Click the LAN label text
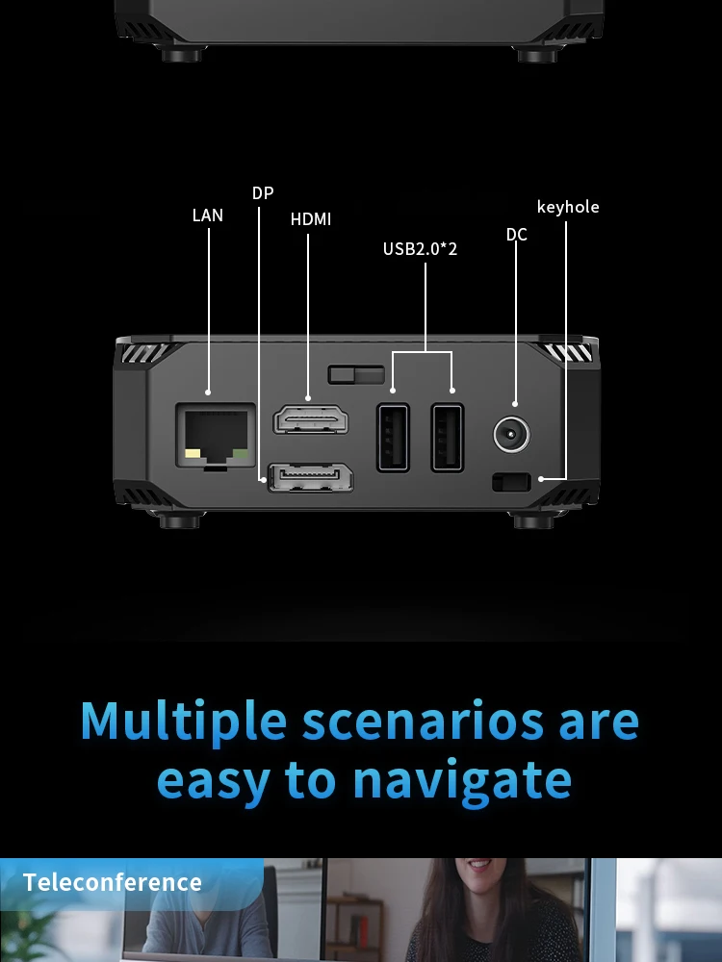(208, 215)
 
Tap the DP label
(263, 193)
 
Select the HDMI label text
(311, 219)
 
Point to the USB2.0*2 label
(420, 248)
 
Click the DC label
(516, 235)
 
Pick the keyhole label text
(568, 207)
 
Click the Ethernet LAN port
(216, 435)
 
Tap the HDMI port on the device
(311, 419)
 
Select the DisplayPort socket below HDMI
(311, 478)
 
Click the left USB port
(393, 438)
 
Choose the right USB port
(448, 438)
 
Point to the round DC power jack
(511, 435)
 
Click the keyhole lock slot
(511, 482)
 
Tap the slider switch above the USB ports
(356, 374)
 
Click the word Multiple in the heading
(184, 722)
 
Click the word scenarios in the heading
(423, 722)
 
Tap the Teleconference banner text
(113, 882)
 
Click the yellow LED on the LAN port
(193, 454)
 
